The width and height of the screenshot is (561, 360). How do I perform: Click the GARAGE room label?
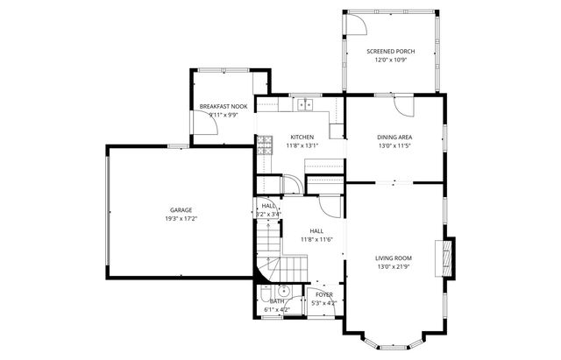tap(181, 209)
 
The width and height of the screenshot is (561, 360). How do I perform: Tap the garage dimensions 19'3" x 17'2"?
tap(181, 218)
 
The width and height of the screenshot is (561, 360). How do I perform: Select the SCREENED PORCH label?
tap(390, 52)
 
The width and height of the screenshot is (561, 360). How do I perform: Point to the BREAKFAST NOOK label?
tap(223, 106)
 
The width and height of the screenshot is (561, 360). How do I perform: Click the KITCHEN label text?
tap(302, 138)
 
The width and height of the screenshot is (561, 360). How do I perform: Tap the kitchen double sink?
tap(304, 105)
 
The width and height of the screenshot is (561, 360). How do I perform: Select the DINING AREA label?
tap(394, 138)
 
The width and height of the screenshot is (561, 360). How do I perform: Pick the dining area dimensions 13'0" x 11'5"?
tap(394, 146)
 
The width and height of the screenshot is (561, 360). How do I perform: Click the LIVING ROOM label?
tap(394, 258)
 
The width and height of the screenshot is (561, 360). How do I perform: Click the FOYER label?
tap(325, 295)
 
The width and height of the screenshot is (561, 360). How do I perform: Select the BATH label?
tap(276, 301)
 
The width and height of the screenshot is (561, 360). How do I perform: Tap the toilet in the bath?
tap(264, 293)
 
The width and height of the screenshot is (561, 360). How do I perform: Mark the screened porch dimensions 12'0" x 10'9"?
tap(390, 60)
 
